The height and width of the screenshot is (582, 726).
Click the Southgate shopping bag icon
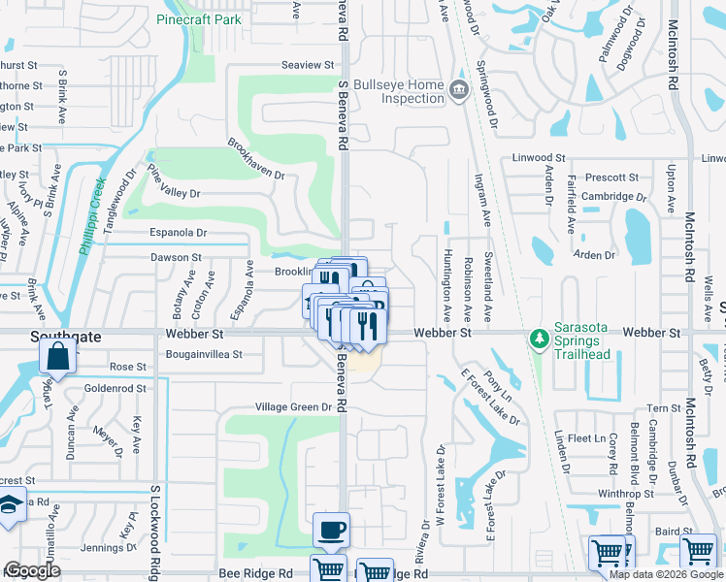click(x=58, y=356)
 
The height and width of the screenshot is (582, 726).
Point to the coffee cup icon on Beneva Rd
click(x=332, y=531)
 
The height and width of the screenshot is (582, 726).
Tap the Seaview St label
click(x=307, y=65)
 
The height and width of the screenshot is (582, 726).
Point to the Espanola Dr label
click(x=178, y=233)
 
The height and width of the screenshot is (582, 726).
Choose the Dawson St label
click(x=176, y=258)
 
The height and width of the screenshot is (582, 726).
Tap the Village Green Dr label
click(x=294, y=407)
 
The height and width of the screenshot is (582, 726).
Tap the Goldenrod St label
click(x=115, y=388)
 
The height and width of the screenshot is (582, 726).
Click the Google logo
click(x=33, y=571)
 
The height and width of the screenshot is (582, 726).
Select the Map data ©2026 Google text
click(x=665, y=574)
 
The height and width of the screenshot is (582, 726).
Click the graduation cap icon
click(x=10, y=507)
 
